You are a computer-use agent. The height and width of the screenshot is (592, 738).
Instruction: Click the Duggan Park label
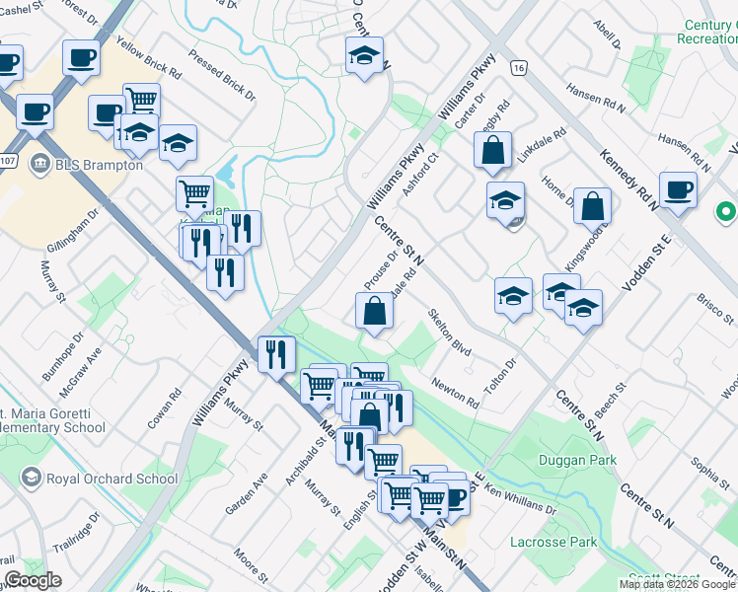pyautogui.click(x=577, y=460)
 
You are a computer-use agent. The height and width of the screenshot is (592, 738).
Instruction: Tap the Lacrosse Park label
pyautogui.click(x=553, y=542)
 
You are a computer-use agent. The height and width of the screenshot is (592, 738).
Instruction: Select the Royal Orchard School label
pyautogui.click(x=102, y=480)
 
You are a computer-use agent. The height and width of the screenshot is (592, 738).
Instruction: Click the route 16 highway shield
pyautogui.click(x=517, y=67)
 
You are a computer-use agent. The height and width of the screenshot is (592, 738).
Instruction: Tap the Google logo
pyautogui.click(x=33, y=580)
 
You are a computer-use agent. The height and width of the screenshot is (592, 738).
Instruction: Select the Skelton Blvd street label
pyautogui.click(x=449, y=333)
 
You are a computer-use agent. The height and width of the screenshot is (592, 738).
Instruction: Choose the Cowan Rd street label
pyautogui.click(x=169, y=407)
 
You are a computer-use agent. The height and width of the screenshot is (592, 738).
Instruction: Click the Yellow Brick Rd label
pyautogui.click(x=148, y=58)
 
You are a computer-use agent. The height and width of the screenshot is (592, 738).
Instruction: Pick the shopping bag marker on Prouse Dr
pyautogui.click(x=375, y=312)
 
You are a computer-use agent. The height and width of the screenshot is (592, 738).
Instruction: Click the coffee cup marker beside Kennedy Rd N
pyautogui.click(x=678, y=189)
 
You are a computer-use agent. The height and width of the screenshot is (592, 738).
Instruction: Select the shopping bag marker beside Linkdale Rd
pyautogui.click(x=491, y=151)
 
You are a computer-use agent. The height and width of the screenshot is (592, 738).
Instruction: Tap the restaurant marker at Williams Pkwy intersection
pyautogui.click(x=276, y=354)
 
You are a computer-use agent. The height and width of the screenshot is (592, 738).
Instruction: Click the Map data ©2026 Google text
pyautogui.click(x=677, y=584)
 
